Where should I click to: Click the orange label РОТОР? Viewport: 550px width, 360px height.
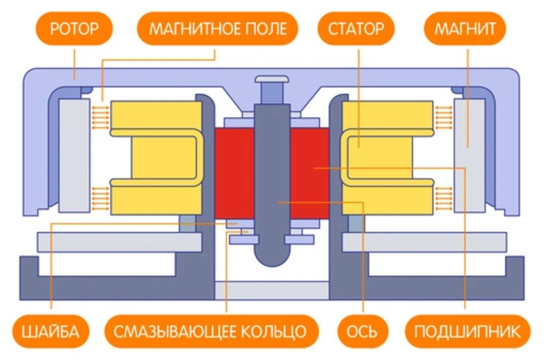pyautogui.click(x=74, y=31)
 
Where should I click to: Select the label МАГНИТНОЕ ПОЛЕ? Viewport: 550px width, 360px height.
pyautogui.click(x=218, y=31)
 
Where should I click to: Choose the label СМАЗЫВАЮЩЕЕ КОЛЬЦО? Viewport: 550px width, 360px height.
pyautogui.click(x=210, y=331)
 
